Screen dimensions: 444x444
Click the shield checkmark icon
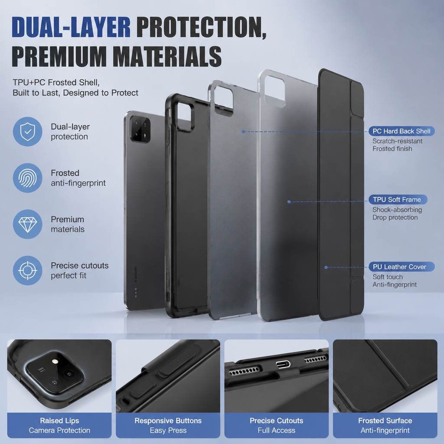click(x=27, y=132)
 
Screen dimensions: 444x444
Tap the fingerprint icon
click(x=27, y=178)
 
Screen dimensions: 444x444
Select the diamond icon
click(x=27, y=224)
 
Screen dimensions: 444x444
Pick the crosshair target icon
click(x=27, y=271)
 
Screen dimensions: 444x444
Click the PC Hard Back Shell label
click(x=402, y=131)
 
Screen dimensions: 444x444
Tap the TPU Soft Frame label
click(x=398, y=199)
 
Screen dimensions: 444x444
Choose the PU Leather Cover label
click(x=402, y=267)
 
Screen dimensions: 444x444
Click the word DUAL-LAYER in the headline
click(x=71, y=27)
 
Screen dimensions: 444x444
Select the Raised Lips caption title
click(x=59, y=421)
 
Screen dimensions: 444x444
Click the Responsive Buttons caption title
click(x=168, y=421)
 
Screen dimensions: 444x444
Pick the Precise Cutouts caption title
click(x=276, y=421)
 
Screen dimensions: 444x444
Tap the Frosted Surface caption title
click(x=385, y=421)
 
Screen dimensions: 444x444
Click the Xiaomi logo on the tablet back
click(x=136, y=274)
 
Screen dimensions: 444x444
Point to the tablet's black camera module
click(x=140, y=129)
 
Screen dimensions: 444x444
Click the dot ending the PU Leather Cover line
click(x=326, y=267)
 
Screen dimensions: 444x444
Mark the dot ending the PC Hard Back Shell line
click(x=244, y=132)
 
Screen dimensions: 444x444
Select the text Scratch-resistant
click(x=397, y=141)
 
